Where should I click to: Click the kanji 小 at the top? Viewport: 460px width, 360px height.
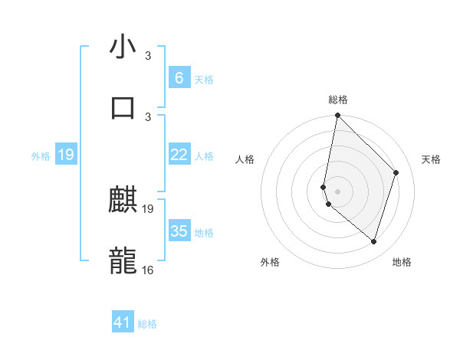coord(123,47)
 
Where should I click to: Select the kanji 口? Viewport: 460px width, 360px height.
coord(123,106)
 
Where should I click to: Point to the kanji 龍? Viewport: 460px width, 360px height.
coord(123,260)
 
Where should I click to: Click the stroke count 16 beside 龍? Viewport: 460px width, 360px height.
coord(148,269)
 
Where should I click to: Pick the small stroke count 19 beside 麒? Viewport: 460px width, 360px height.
coord(148,209)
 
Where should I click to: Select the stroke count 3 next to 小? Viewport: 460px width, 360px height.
coord(148,56)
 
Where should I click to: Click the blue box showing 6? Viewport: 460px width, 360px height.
coord(179,77)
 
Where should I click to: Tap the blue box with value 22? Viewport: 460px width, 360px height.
coord(179,155)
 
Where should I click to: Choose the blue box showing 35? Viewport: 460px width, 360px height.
coord(179,231)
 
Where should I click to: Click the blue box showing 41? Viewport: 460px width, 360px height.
coord(123,322)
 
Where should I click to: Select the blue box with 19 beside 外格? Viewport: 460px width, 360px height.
coord(65,155)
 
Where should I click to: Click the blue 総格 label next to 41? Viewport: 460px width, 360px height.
coord(147,324)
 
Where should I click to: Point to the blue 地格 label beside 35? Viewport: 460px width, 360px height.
coord(204,232)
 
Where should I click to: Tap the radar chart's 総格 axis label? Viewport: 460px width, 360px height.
coord(338,100)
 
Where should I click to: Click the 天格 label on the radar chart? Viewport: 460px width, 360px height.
coord(431,159)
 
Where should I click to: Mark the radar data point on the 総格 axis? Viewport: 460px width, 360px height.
coord(337,116)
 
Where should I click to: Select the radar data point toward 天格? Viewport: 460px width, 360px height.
coord(396,172)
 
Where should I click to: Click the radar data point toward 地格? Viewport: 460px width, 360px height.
coord(373,241)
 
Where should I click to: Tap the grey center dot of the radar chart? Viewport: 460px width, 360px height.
coord(337,191)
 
